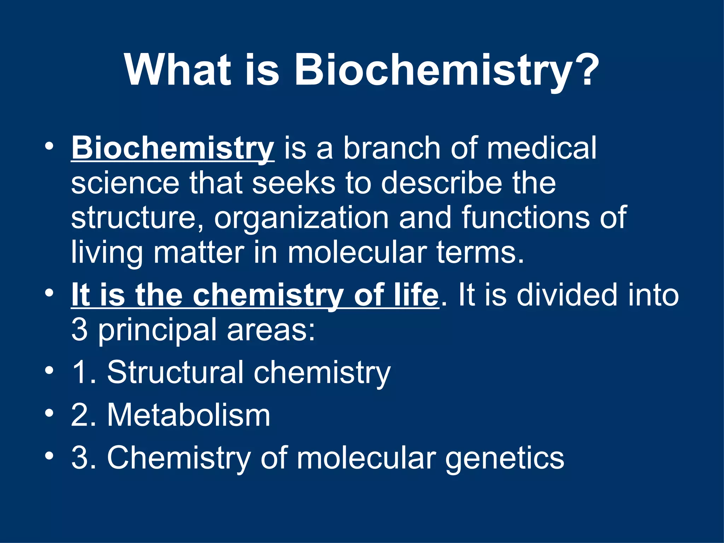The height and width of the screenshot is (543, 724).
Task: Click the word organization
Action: click(x=302, y=218)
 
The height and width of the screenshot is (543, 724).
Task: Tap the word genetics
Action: click(x=504, y=458)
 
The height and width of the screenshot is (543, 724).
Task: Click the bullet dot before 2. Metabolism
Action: click(x=49, y=413)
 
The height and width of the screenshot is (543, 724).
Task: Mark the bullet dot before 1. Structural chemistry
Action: click(x=49, y=370)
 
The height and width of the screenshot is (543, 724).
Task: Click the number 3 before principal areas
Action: click(x=80, y=329)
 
